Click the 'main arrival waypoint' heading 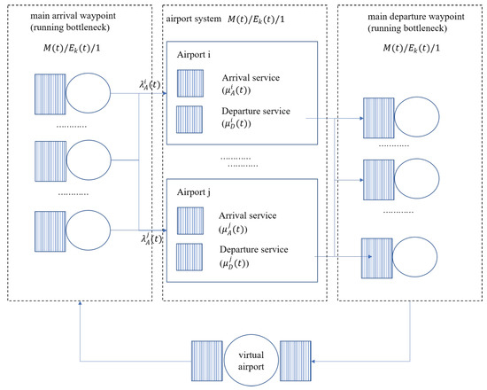[x=73, y=16]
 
